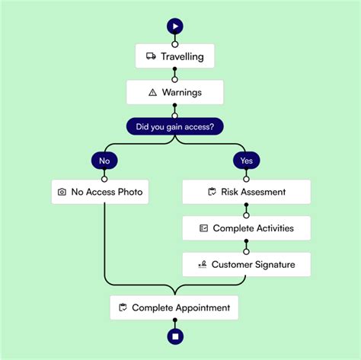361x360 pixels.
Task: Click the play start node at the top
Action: click(174, 26)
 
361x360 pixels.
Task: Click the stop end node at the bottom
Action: click(174, 336)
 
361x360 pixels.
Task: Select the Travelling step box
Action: click(174, 56)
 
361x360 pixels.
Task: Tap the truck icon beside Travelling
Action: click(151, 56)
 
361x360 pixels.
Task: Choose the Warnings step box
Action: click(174, 92)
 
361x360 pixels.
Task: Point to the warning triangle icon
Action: click(152, 92)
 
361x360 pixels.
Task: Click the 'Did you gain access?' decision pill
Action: click(174, 126)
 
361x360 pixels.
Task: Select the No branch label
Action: click(104, 161)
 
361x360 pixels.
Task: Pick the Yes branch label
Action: click(246, 161)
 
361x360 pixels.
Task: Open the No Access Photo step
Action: click(100, 192)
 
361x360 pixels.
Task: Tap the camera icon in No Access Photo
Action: click(62, 192)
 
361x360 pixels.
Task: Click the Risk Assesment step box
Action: click(246, 192)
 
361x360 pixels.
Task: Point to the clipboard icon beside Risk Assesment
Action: click(212, 192)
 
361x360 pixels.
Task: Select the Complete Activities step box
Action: click(246, 228)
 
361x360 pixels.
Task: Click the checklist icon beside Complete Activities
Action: click(203, 228)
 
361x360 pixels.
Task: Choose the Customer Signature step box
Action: click(246, 264)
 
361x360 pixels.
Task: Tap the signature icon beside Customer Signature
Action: click(202, 264)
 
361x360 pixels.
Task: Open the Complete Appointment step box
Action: click(174, 307)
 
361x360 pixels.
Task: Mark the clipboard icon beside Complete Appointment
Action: click(123, 307)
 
